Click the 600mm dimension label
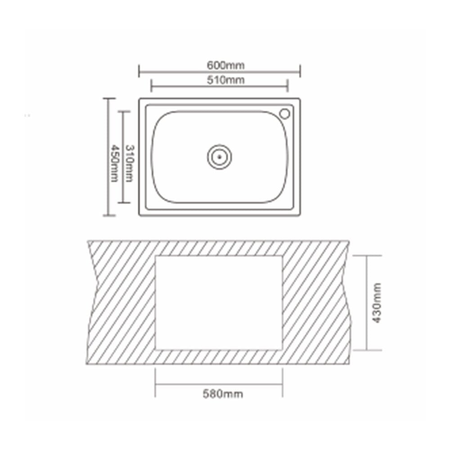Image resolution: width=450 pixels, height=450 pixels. click(x=225, y=65)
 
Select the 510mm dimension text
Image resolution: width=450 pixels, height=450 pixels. click(x=225, y=80)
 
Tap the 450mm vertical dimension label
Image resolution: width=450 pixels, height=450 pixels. click(x=115, y=163)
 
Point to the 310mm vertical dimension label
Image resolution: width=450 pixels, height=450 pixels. click(x=130, y=163)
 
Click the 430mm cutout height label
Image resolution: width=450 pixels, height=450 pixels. click(x=377, y=303)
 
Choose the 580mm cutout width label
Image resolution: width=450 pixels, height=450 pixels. click(x=223, y=394)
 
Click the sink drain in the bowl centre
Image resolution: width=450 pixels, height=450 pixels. click(x=220, y=157)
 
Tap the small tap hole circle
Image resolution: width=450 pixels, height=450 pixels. click(x=285, y=114)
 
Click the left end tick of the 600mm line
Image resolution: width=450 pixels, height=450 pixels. click(x=139, y=71)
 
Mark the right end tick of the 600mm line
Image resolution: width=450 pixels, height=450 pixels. click(x=300, y=71)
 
